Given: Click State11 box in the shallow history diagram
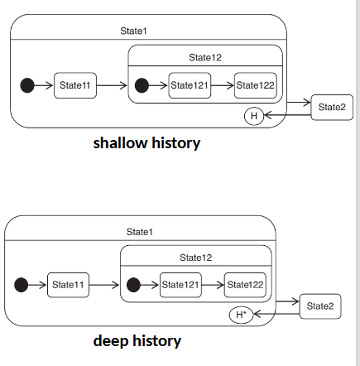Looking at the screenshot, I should pyautogui.click(x=75, y=85).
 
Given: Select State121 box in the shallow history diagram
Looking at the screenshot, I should pyautogui.click(x=190, y=85).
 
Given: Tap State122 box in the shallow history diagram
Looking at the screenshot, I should pyautogui.click(x=255, y=85).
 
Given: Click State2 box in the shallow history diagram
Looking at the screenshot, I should pyautogui.click(x=332, y=108).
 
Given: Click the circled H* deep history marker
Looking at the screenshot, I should pyautogui.click(x=241, y=315).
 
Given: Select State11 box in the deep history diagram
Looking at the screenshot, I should pyautogui.click(x=68, y=285).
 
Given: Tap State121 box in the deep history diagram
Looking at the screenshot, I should pyautogui.click(x=180, y=285).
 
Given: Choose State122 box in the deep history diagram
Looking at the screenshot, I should pyautogui.click(x=245, y=285).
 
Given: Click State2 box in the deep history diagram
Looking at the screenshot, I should pyautogui.click(x=320, y=306).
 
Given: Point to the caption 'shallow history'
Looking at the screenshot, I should pyautogui.click(x=146, y=142).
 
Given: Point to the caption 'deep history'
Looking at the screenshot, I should pyautogui.click(x=137, y=340).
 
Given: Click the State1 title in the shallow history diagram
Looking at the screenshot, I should pyautogui.click(x=134, y=31).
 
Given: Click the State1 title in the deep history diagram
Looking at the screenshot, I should pyautogui.click(x=139, y=231).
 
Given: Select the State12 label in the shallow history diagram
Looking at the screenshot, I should pyautogui.click(x=205, y=57).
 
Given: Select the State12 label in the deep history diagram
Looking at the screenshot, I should pyautogui.click(x=196, y=257).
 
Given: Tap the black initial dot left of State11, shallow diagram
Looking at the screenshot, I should pyautogui.click(x=27, y=85).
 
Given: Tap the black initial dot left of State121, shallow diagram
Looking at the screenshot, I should pyautogui.click(x=142, y=85).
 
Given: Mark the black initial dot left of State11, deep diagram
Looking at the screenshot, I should pyautogui.click(x=21, y=285).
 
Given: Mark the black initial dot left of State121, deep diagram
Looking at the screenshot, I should pyautogui.click(x=133, y=285).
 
